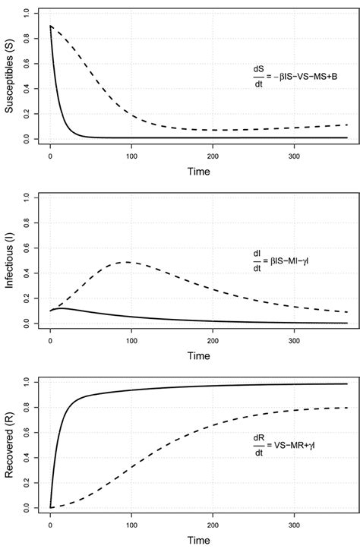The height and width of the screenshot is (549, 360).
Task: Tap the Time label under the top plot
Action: tap(199, 172)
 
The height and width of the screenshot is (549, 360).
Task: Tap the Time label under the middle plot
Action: tap(199, 355)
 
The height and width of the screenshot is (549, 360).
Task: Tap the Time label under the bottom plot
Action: tap(199, 539)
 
